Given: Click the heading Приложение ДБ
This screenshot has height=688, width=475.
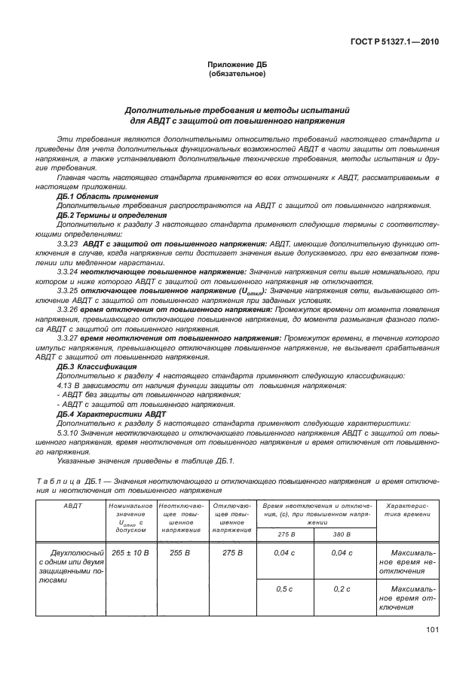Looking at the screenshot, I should [x=237, y=66].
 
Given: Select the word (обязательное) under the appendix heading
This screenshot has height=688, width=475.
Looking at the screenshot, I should [x=237, y=75].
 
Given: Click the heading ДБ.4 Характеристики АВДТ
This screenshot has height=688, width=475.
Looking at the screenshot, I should [x=104, y=414].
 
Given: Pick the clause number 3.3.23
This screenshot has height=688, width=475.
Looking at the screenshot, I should [x=69, y=243].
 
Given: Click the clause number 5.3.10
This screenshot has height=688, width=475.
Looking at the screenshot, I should [x=69, y=433].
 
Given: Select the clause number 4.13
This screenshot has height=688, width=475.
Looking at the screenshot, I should [x=66, y=385].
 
